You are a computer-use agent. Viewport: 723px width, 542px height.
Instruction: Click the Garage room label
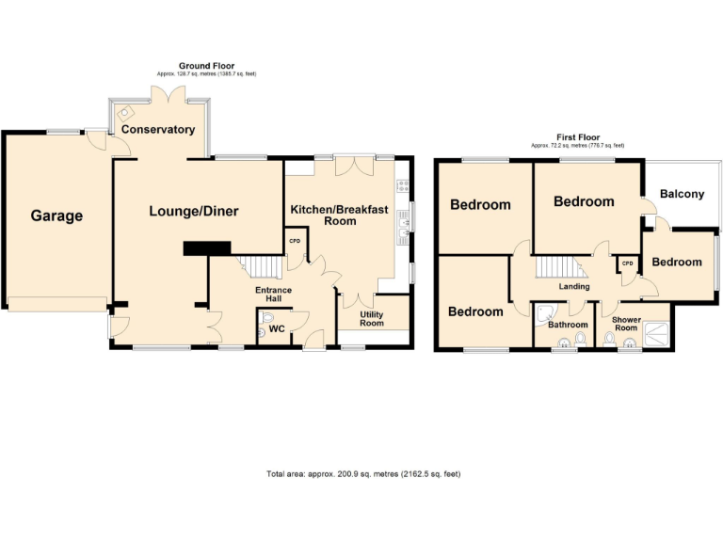pyautogui.click(x=56, y=215)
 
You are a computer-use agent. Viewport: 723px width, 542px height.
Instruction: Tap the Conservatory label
pyautogui.click(x=157, y=129)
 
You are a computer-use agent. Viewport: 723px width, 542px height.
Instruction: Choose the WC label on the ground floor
pyautogui.click(x=277, y=328)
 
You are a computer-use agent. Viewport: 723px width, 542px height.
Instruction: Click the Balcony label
pyautogui.click(x=682, y=194)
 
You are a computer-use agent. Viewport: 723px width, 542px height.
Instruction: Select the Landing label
pyautogui.click(x=574, y=286)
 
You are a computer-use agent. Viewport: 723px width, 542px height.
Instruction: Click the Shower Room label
pyautogui.click(x=626, y=324)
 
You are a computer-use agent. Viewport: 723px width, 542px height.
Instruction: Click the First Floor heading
pyautogui.click(x=577, y=137)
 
